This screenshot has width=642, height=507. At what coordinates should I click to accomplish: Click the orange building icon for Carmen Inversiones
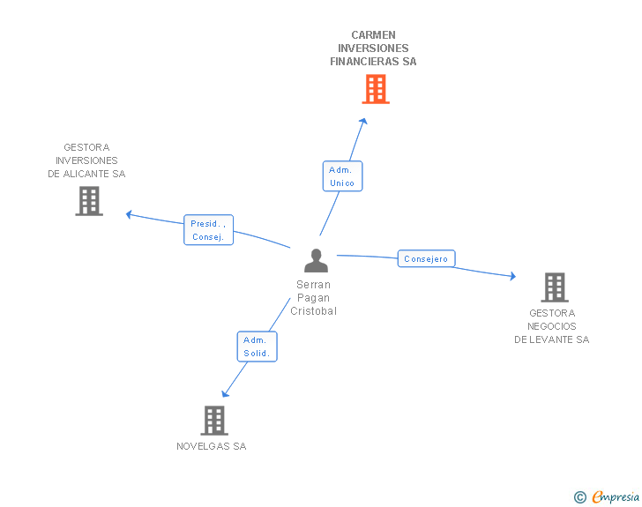pos(376,89)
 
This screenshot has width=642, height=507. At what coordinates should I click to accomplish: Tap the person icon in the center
pos(316,261)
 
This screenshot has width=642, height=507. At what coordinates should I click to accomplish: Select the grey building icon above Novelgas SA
pos(214,421)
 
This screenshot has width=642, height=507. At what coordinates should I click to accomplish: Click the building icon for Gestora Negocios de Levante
pos(554,287)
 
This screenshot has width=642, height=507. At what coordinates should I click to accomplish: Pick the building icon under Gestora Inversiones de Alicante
pos(89,201)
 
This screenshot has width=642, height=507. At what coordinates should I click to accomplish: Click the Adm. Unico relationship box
pos(342,176)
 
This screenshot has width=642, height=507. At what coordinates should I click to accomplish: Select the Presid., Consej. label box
pos(209,230)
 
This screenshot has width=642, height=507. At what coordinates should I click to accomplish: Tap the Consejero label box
pos(427,259)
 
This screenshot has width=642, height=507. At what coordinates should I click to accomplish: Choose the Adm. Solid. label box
pos(257,347)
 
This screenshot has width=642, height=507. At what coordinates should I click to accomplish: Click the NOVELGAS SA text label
pos(212,446)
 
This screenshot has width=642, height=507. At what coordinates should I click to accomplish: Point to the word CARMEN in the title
pos(373,35)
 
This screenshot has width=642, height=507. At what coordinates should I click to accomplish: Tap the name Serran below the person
pos(314,285)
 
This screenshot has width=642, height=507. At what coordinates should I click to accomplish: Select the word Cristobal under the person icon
pos(314,311)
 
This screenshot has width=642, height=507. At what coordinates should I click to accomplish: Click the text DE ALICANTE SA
pos(86,174)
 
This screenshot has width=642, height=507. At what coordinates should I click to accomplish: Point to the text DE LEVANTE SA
pos(552,339)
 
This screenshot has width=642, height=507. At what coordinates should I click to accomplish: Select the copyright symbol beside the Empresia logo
pos(579,497)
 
